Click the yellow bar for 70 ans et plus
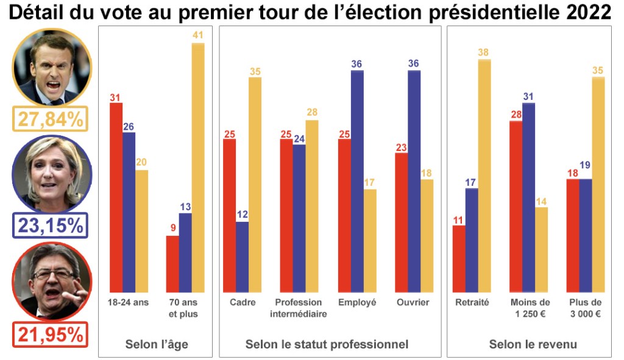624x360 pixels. click(198, 168)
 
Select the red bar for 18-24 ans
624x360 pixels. click(116, 197)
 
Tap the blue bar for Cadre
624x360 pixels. click(243, 256)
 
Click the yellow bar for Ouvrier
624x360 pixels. click(427, 235)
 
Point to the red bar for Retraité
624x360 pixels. click(459, 259)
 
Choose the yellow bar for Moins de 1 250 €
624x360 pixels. click(541, 250)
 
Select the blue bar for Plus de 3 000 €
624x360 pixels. click(586, 235)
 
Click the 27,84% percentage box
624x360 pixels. click(51, 119)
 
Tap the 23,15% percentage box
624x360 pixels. click(51, 225)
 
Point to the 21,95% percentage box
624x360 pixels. click(51, 334)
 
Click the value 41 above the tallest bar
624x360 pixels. click(198, 35)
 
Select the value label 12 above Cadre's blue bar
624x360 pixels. click(243, 214)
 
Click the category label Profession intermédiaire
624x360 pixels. click(299, 308)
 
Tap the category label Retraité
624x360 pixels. click(472, 303)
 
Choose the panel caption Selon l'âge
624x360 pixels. click(157, 344)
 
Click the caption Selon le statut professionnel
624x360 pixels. click(327, 344)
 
